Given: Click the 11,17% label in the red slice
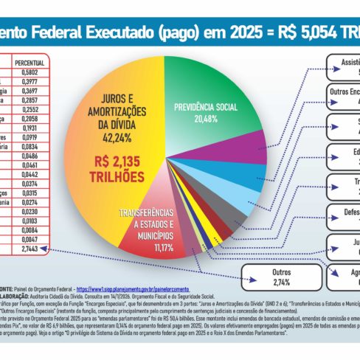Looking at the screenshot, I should tap(147, 247).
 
